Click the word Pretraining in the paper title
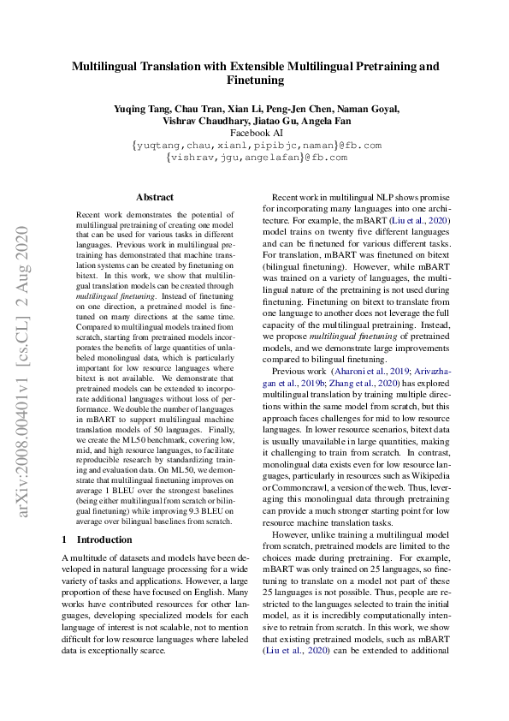(387, 65)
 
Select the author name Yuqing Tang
(140, 109)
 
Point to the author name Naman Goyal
(370, 109)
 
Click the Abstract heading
(155, 197)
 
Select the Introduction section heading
(104, 539)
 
